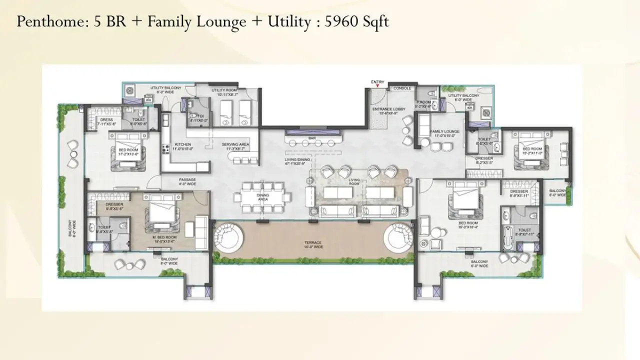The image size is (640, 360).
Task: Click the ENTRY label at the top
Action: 377,82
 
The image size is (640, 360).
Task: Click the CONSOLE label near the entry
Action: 402,88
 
